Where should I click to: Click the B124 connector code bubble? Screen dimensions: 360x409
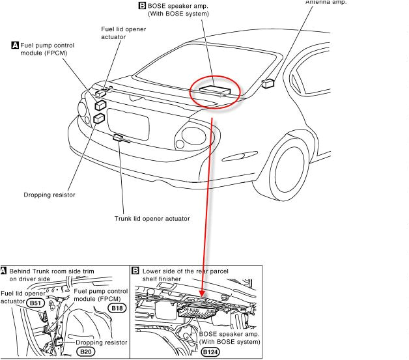click(x=210, y=352)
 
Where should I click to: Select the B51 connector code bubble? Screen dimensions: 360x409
click(x=35, y=302)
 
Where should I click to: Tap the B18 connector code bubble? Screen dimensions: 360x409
click(x=118, y=308)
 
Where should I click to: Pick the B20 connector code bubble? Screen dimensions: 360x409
click(x=86, y=352)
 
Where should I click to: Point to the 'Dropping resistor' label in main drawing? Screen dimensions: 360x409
click(x=49, y=194)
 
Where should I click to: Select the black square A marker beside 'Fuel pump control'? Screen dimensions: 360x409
click(x=14, y=46)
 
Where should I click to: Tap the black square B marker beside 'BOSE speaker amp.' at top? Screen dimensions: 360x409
click(x=143, y=5)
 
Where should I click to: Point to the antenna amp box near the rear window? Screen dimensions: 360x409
click(x=268, y=83)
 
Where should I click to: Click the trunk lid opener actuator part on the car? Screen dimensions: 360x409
click(x=119, y=137)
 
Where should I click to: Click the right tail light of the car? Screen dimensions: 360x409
click(x=195, y=136)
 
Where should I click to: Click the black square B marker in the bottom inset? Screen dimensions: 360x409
click(x=135, y=270)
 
